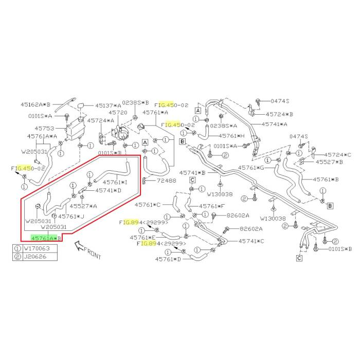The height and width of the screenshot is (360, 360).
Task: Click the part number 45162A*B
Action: pyautogui.click(x=37, y=103)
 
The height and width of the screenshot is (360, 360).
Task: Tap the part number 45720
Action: pyautogui.click(x=117, y=112)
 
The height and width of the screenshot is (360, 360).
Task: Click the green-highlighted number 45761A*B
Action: pyautogui.click(x=46, y=238)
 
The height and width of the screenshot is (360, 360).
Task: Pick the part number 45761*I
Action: pyautogui.click(x=115, y=182)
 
